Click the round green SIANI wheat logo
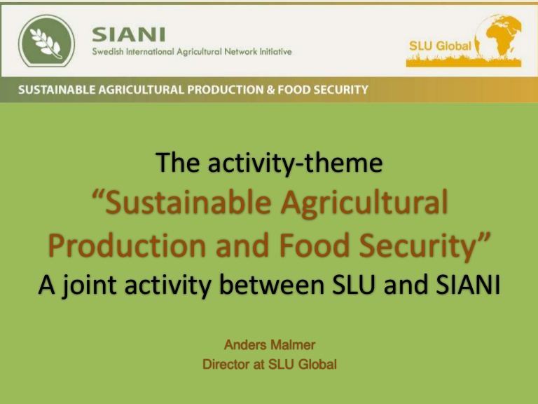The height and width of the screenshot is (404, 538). point(46,41)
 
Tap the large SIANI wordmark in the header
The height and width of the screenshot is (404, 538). point(129,34)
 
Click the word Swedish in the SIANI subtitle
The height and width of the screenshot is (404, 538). point(108,52)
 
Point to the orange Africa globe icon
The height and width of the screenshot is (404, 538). point(498,36)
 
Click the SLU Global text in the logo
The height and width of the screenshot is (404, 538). point(440,46)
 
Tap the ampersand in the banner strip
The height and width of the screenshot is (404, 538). point(270,90)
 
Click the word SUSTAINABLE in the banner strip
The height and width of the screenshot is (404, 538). point(57,90)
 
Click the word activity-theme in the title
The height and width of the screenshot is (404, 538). point(295,163)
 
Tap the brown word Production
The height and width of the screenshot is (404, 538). point(127,245)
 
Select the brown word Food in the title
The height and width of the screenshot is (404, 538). point(314,245)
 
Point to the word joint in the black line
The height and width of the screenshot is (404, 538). point(89,286)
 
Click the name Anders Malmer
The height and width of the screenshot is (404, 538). point(270,344)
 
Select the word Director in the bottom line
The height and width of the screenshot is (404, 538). point(226,364)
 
